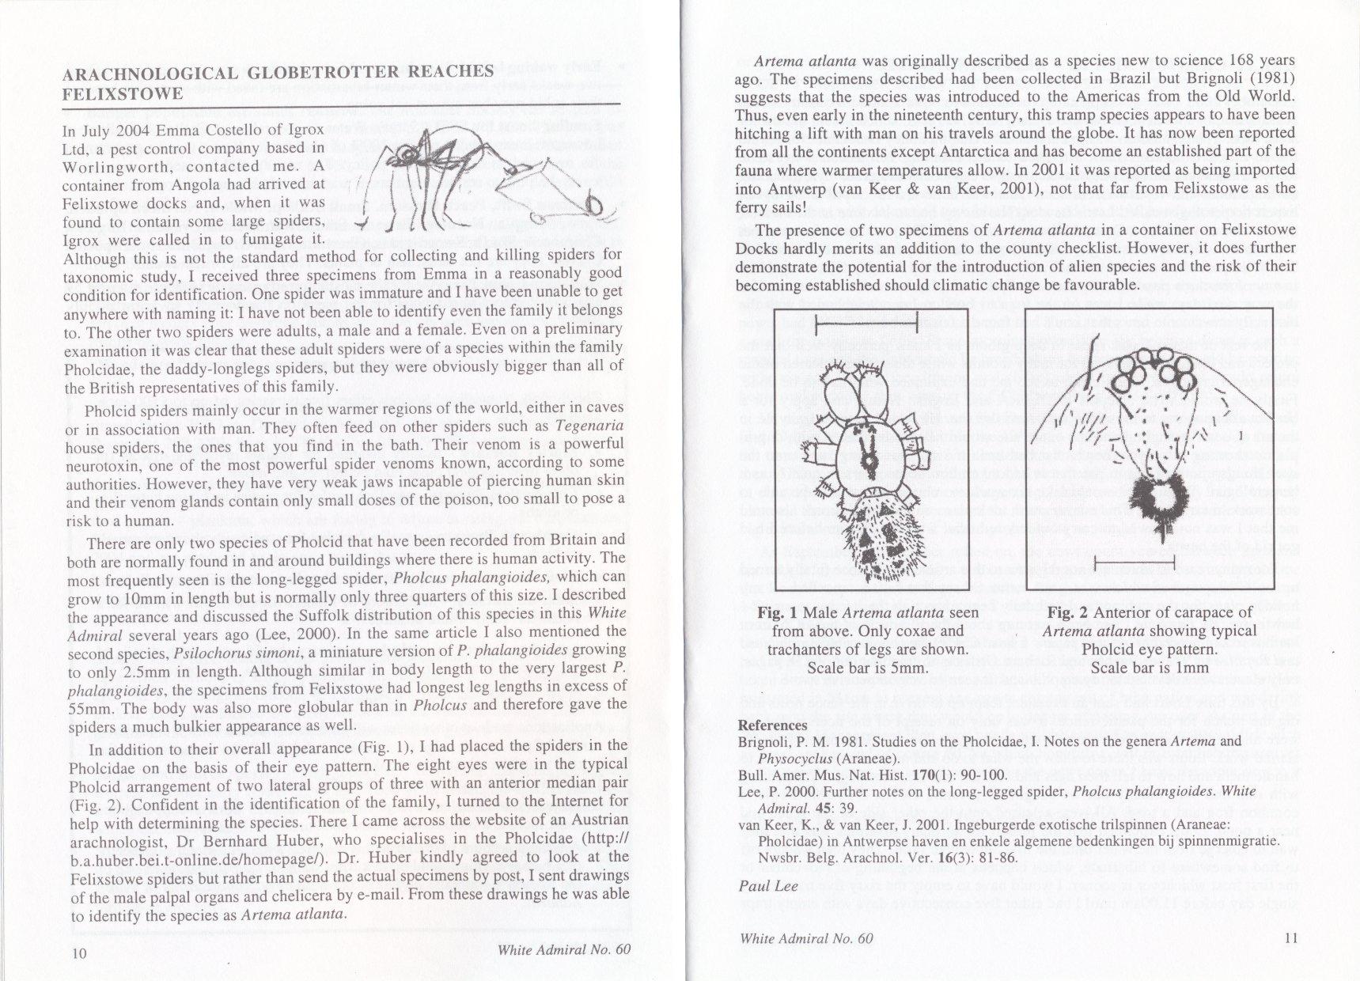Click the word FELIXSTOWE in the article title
123,94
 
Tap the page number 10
79,953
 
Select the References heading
772,725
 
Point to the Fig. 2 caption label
1068,612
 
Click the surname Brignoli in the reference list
766,742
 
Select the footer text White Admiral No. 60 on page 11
807,938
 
